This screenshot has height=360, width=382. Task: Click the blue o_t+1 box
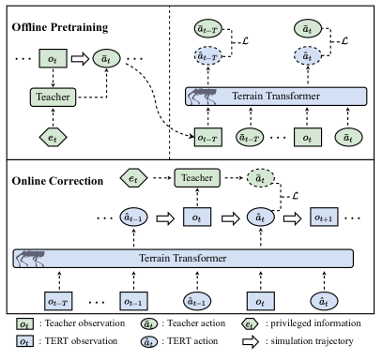[x=324, y=217]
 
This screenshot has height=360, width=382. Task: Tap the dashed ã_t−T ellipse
[x=207, y=57]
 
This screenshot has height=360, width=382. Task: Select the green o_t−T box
[x=207, y=138]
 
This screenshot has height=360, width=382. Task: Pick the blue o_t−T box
[x=58, y=302]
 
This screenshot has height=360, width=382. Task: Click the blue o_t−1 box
[x=133, y=302]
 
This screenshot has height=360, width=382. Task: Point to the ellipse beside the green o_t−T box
[x=249, y=138]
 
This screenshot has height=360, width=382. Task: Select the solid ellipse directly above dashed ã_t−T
[x=207, y=30]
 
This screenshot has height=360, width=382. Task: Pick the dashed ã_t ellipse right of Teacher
[x=260, y=177]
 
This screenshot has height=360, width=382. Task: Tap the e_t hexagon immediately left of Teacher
[x=133, y=177]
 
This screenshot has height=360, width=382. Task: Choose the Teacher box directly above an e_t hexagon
[x=53, y=97]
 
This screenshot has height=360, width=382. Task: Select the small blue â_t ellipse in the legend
[x=148, y=342]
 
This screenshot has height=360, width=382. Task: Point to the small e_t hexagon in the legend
[x=250, y=324]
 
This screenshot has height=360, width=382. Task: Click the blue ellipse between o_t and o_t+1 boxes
[x=260, y=217]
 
